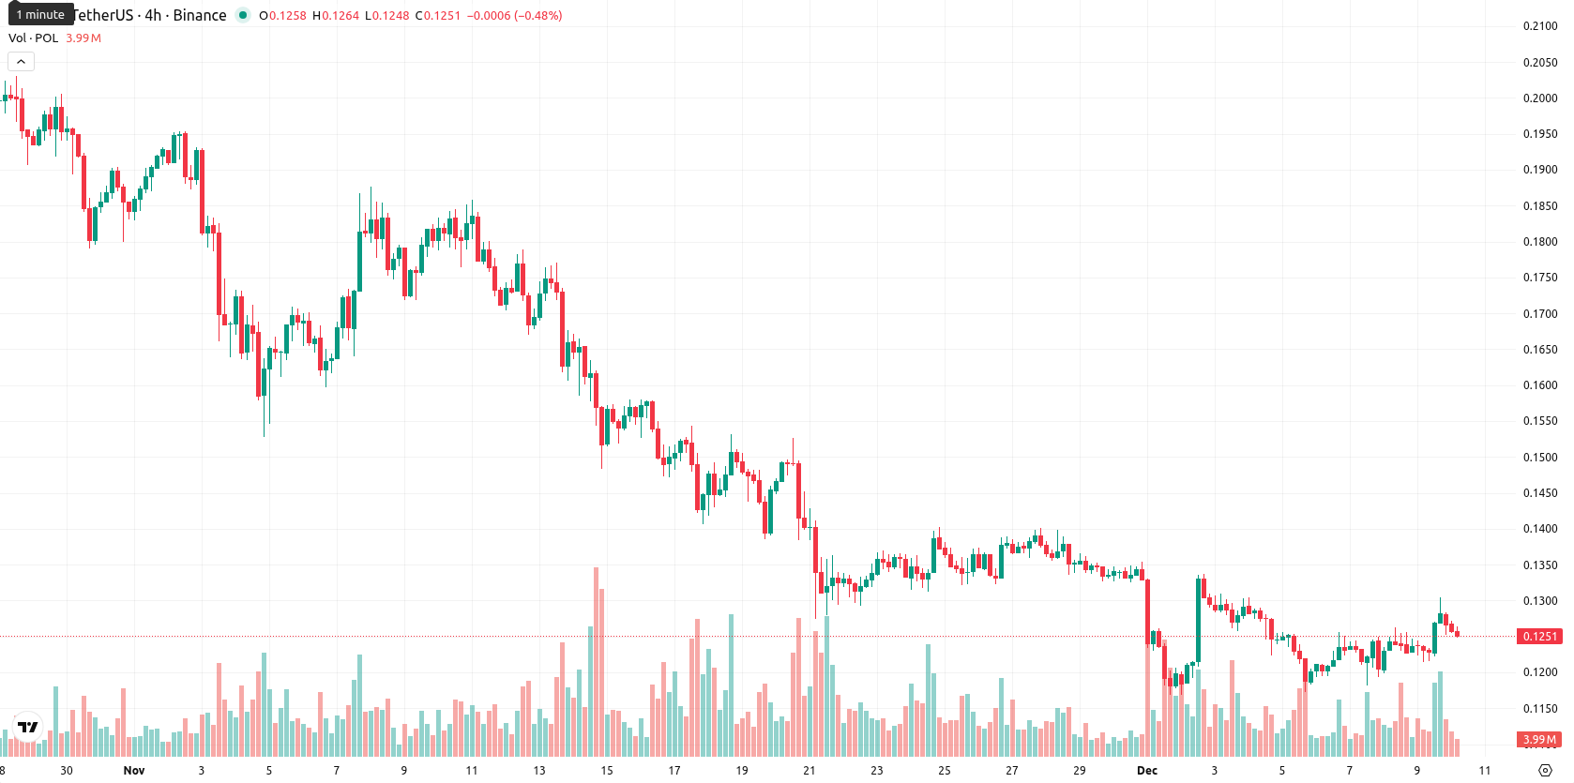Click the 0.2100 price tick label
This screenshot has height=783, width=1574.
click(x=1539, y=26)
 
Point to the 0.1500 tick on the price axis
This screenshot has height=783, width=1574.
click(x=1539, y=458)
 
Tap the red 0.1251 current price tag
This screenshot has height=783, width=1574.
click(x=1539, y=636)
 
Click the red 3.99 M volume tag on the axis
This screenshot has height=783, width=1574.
click(x=1539, y=740)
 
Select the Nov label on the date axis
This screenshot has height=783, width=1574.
click(x=133, y=771)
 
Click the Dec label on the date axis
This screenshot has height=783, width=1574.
click(x=1147, y=771)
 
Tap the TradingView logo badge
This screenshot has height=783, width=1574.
click(x=28, y=727)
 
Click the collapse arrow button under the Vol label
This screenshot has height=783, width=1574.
click(x=21, y=62)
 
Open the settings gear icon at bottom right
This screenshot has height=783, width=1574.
click(x=1545, y=771)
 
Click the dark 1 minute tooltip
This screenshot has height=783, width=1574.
click(x=40, y=14)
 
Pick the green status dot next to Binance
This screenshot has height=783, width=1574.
click(x=243, y=15)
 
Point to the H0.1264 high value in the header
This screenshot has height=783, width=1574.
click(x=335, y=15)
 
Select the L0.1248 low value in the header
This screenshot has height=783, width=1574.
click(x=386, y=15)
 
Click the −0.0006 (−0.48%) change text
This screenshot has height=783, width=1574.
click(x=514, y=15)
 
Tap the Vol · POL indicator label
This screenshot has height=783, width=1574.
click(x=33, y=38)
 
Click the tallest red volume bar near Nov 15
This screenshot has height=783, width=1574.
click(x=596, y=661)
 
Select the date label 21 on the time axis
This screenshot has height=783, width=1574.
click(x=809, y=771)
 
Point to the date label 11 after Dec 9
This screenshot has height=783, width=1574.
click(x=1484, y=771)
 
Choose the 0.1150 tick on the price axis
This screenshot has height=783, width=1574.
click(x=1539, y=709)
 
